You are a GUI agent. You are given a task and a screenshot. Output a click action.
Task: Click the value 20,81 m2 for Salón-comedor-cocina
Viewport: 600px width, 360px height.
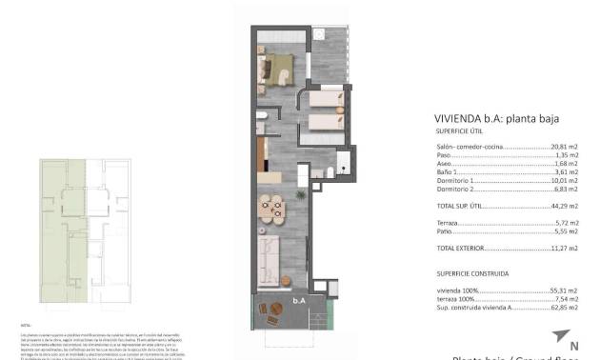tap(565, 148)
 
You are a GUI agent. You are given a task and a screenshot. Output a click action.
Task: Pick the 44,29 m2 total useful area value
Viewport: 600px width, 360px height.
tap(565, 205)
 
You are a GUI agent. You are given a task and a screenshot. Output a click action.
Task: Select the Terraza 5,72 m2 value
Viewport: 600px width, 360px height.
tap(568, 222)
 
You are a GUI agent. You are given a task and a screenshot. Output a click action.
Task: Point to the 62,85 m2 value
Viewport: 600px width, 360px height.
tap(565, 307)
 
